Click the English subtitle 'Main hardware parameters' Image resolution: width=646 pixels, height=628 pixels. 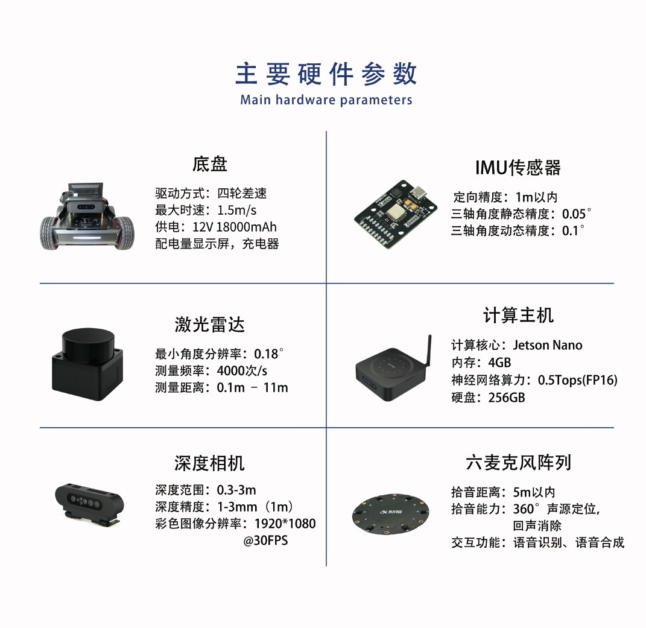pyautogui.click(x=326, y=100)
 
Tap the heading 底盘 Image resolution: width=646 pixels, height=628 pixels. pyautogui.click(x=210, y=164)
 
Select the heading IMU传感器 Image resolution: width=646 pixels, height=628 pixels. pyautogui.click(x=518, y=168)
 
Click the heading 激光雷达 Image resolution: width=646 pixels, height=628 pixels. pyautogui.click(x=210, y=325)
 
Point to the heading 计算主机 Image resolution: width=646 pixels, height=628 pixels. pyautogui.click(x=518, y=316)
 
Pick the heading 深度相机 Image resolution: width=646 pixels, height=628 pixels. pyautogui.click(x=210, y=463)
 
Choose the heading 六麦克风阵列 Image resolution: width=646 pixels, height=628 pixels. pyautogui.click(x=518, y=462)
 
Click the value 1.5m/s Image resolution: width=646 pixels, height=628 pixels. pyautogui.click(x=236, y=210)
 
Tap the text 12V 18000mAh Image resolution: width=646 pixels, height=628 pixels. pyautogui.click(x=235, y=227)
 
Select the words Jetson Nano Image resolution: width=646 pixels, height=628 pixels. pyautogui.click(x=548, y=345)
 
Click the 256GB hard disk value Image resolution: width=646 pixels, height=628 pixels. pyautogui.click(x=507, y=398)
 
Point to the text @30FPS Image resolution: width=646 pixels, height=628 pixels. pyautogui.click(x=265, y=541)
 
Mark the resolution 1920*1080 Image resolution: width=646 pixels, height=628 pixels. pyautogui.click(x=285, y=524)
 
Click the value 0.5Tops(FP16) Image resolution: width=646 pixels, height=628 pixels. pyautogui.click(x=578, y=380)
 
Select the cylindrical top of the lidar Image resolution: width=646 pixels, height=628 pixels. pyautogui.click(x=87, y=341)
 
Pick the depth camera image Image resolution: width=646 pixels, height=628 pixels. pyautogui.click(x=89, y=503)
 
